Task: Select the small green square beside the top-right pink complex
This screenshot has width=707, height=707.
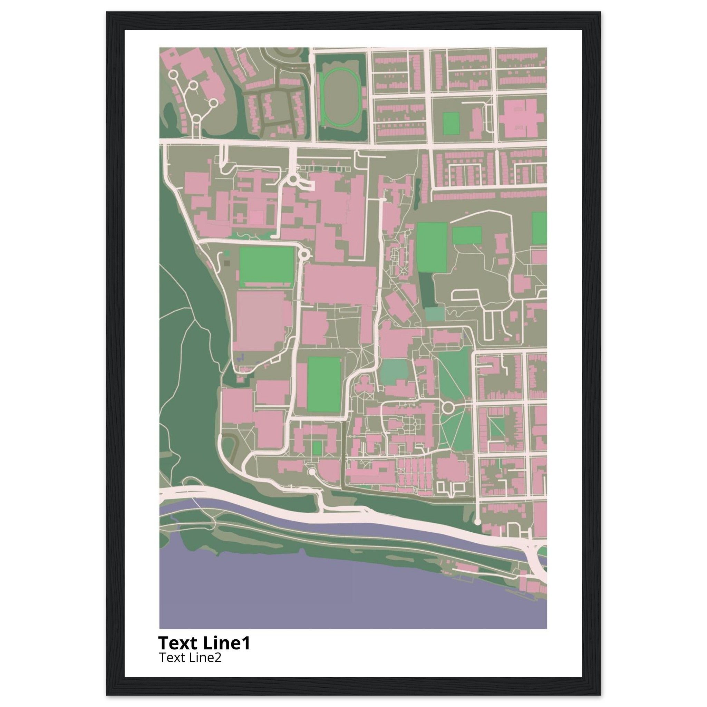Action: point(451,123)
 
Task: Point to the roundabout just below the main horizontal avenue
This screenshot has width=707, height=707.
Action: point(293,180)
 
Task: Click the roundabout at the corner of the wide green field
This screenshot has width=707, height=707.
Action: point(304,254)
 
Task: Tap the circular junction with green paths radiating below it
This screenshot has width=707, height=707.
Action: point(447,407)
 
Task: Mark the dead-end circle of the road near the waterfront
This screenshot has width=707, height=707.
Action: point(477,522)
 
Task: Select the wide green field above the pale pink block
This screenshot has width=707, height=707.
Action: point(267,266)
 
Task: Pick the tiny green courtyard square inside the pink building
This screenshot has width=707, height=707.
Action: point(317,448)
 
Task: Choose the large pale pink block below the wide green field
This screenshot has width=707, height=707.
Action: point(261,321)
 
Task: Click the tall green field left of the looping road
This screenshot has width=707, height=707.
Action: point(432,248)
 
